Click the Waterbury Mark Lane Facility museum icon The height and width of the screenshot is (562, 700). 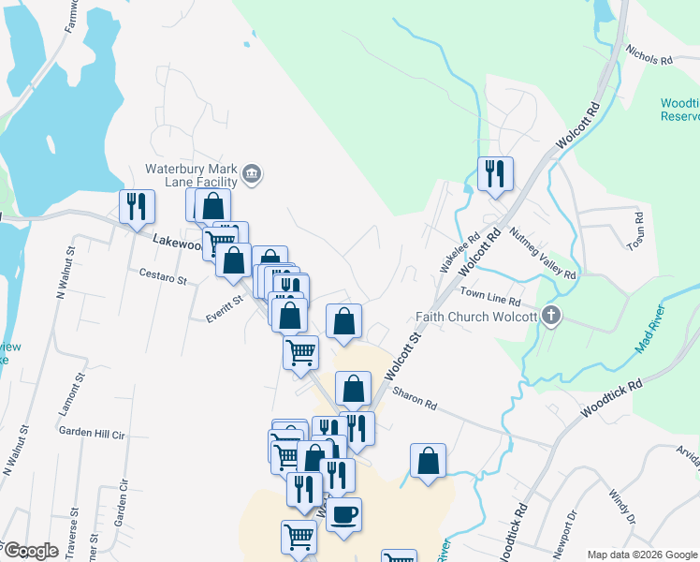(x=252, y=173)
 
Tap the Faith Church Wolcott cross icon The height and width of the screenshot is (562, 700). (x=551, y=316)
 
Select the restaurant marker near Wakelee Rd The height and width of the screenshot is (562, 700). (x=495, y=174)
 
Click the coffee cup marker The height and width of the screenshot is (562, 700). (x=343, y=515)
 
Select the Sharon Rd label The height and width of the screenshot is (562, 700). (x=415, y=398)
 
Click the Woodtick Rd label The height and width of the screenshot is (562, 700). (x=611, y=398)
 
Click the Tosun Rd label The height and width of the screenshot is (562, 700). (x=639, y=229)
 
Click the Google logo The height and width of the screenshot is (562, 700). (x=31, y=551)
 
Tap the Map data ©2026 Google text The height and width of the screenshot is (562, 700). (x=641, y=555)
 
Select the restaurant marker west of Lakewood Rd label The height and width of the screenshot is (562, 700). (x=137, y=208)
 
